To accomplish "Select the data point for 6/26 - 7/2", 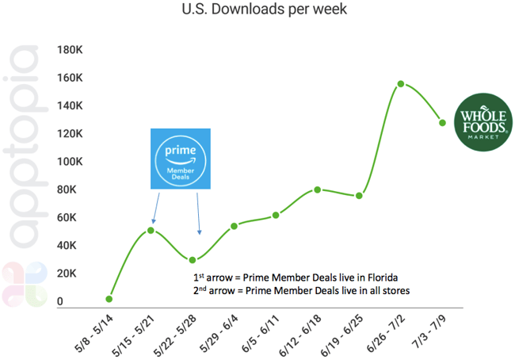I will [x=401, y=83].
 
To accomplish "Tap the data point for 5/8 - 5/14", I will [x=109, y=299].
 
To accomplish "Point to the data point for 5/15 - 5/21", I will [x=151, y=230].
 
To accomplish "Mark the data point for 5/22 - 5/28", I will [x=193, y=259].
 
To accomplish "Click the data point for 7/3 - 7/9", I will [x=442, y=122].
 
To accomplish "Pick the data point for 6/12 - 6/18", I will [x=317, y=190].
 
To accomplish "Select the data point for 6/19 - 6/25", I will [x=359, y=195].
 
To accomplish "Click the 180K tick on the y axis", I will [x=71, y=50].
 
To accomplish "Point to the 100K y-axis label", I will [x=71, y=162].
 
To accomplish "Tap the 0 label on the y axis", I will [x=60, y=301].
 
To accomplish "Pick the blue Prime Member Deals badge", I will [x=181, y=158].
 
